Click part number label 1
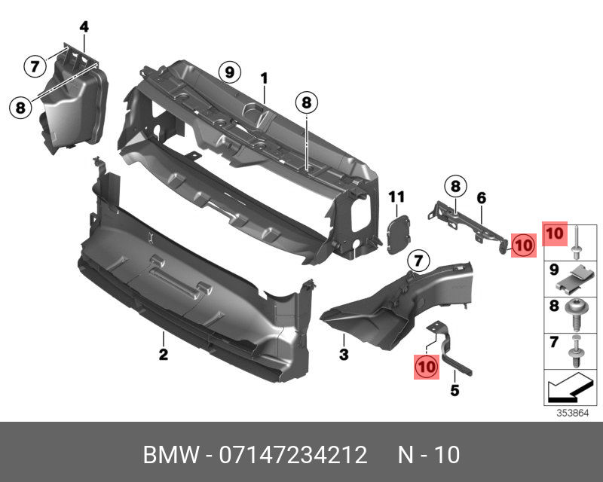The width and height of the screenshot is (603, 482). point(265,78)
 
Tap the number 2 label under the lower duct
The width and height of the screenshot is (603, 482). point(163,354)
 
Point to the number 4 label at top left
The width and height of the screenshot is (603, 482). point(84,27)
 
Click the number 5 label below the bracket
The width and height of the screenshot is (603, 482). point(454,390)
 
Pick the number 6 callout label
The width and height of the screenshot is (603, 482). point(481,197)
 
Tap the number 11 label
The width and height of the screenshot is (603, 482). point(396,197)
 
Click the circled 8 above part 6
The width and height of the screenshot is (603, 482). point(455,185)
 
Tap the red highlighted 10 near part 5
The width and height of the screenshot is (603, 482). point(427,366)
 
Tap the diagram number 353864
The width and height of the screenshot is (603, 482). point(574,413)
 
